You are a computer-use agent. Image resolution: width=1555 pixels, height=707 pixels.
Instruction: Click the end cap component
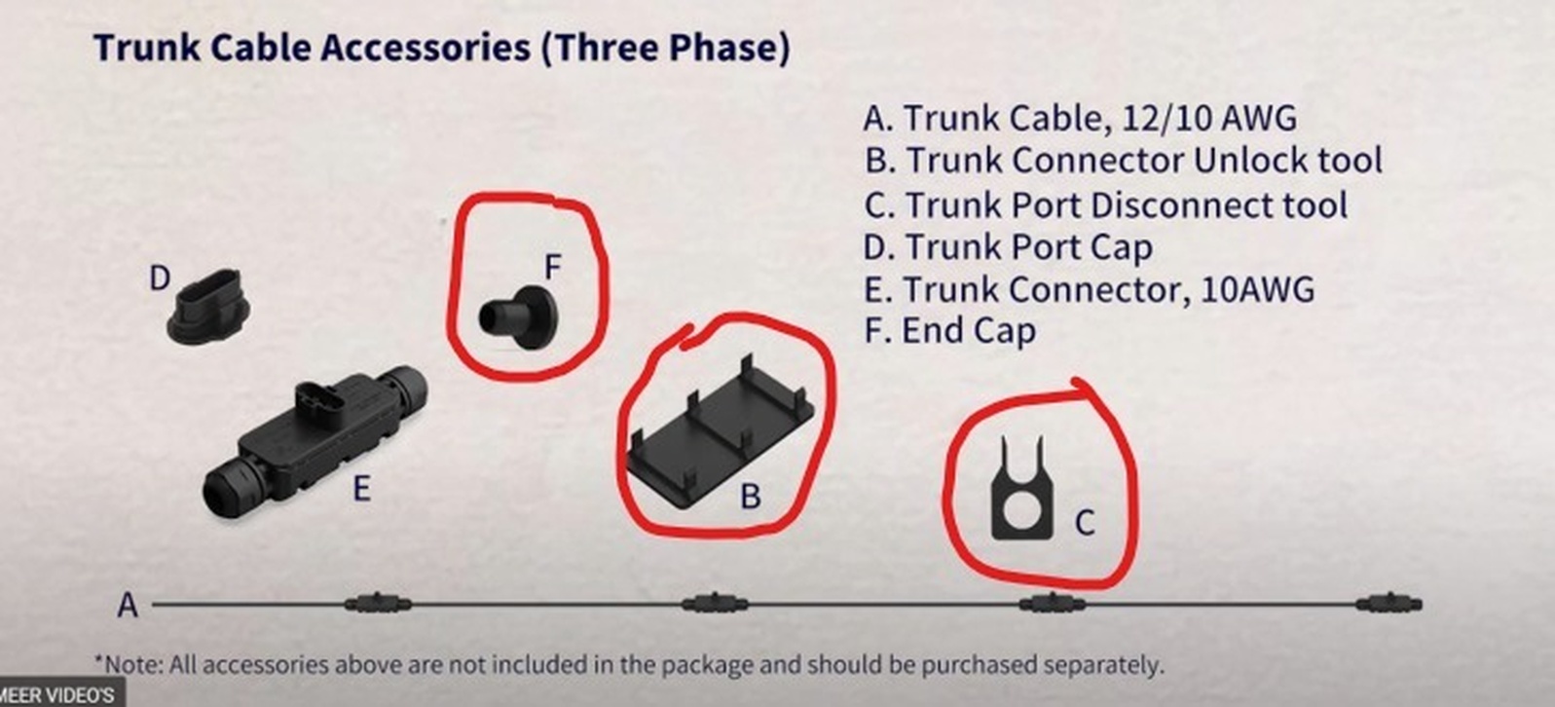click(x=519, y=316)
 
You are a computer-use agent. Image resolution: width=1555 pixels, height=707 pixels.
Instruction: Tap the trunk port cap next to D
click(x=209, y=307)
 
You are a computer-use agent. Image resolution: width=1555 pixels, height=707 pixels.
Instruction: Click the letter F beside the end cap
click(x=553, y=268)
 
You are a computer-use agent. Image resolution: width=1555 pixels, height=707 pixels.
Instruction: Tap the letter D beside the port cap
click(x=160, y=279)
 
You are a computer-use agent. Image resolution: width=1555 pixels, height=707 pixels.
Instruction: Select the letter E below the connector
click(x=361, y=489)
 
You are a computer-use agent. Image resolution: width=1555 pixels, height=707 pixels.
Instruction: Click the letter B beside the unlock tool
click(x=751, y=497)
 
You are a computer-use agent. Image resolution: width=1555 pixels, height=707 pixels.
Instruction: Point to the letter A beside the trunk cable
click(x=128, y=606)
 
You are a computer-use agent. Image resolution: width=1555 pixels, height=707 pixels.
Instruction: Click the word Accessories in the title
click(x=425, y=48)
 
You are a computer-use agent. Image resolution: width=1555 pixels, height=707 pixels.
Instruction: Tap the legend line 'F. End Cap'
click(x=949, y=330)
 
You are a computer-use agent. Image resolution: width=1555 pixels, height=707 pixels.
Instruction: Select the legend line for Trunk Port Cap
click(x=1008, y=247)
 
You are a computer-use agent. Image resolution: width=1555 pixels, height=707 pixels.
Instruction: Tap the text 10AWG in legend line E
click(x=1257, y=289)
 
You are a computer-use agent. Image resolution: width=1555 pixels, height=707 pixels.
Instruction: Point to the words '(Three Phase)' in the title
click(x=666, y=49)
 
